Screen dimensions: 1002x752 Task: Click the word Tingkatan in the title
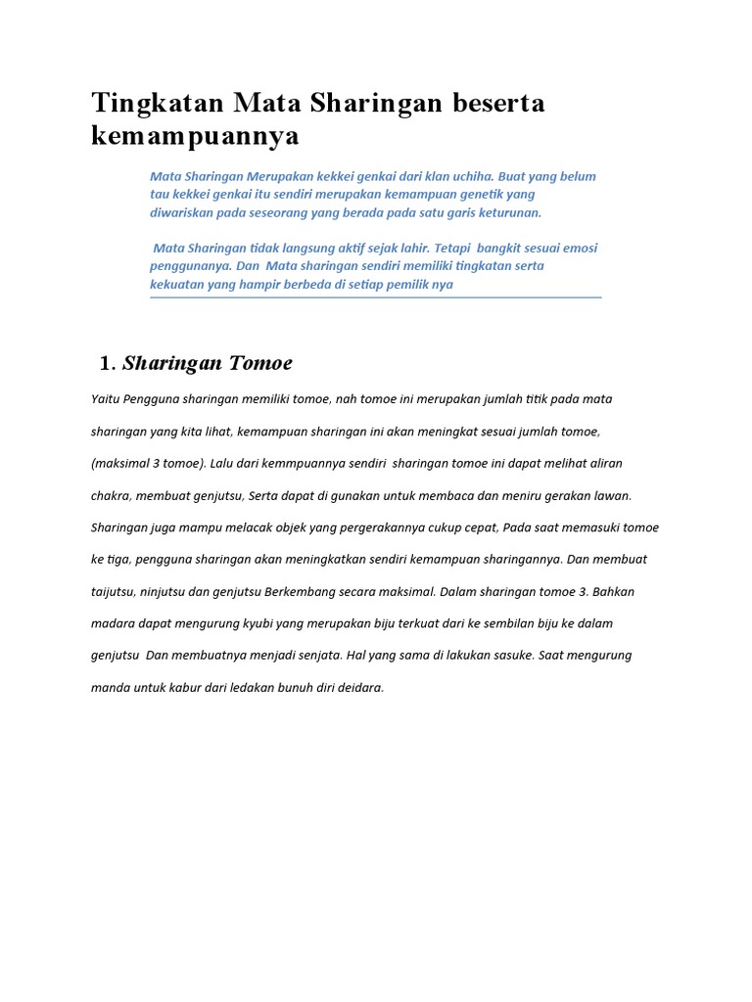(157, 104)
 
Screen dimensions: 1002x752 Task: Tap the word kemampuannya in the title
(195, 136)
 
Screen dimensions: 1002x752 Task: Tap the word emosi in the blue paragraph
(578, 248)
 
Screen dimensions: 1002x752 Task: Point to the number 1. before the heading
(108, 364)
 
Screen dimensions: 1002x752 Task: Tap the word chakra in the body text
(110, 495)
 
